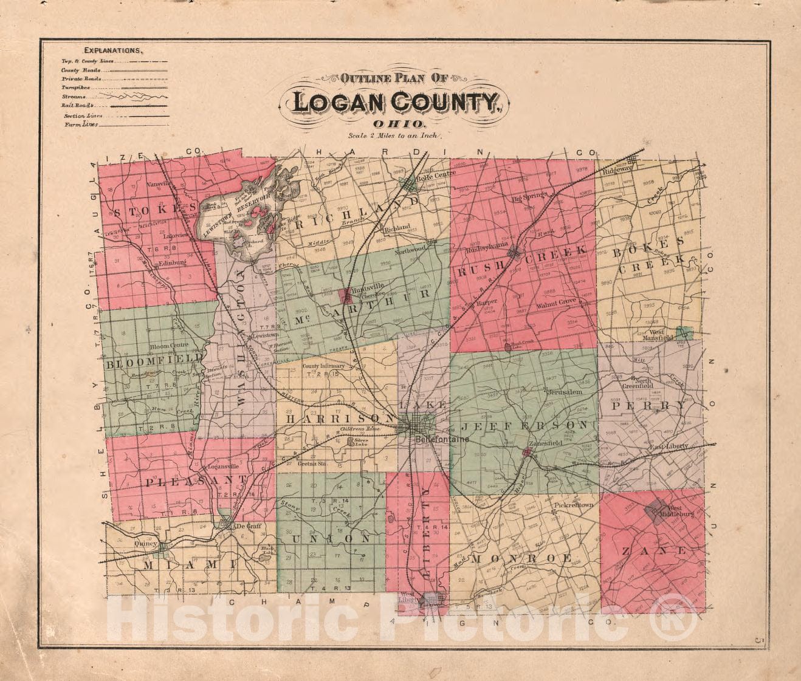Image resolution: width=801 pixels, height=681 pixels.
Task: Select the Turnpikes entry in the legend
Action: click(75, 87)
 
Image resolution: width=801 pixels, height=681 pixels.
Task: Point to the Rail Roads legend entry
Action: click(76, 106)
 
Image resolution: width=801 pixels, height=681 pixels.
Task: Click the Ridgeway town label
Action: click(619, 169)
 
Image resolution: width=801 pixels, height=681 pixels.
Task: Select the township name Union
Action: click(331, 539)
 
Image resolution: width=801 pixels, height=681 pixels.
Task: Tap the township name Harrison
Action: click(340, 419)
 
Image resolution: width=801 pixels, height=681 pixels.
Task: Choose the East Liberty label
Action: click(669, 447)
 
